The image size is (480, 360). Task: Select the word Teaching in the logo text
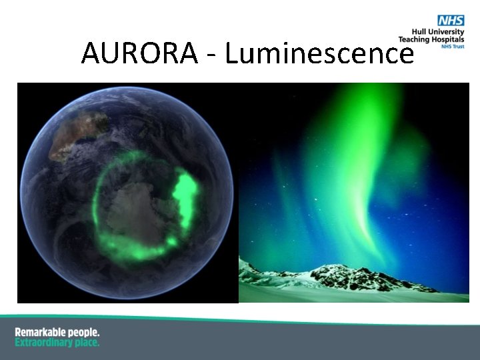[413, 40]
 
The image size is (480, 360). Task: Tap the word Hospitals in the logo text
[447, 40]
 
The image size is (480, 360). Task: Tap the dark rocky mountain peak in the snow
[337, 272]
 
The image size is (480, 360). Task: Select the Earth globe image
[127, 193]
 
